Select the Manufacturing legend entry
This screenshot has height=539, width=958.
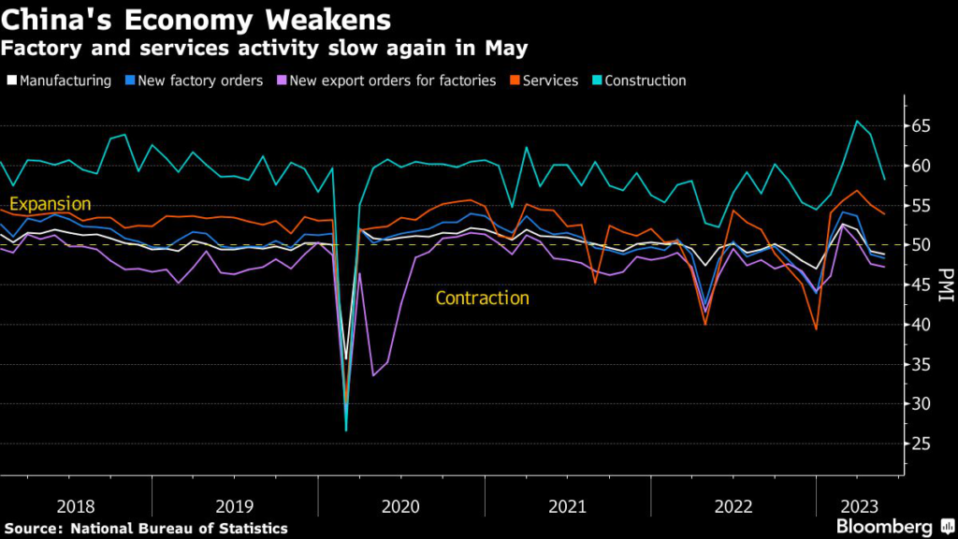[x=65, y=80]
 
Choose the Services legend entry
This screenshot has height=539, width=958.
[x=550, y=80]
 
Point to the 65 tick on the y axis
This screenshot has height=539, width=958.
[x=921, y=125]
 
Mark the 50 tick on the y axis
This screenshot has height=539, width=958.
[x=921, y=245]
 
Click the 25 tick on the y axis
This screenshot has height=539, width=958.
[x=921, y=444]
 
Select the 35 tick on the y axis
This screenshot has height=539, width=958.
[x=921, y=364]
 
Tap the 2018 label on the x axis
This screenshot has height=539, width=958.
[x=77, y=506]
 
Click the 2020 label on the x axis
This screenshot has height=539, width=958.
[x=402, y=506]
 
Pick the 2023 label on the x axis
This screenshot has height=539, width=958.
[x=859, y=506]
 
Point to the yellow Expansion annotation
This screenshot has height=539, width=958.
[x=51, y=204]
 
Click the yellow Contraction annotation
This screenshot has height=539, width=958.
[x=483, y=299]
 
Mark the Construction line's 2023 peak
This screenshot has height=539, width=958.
[x=856, y=121]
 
